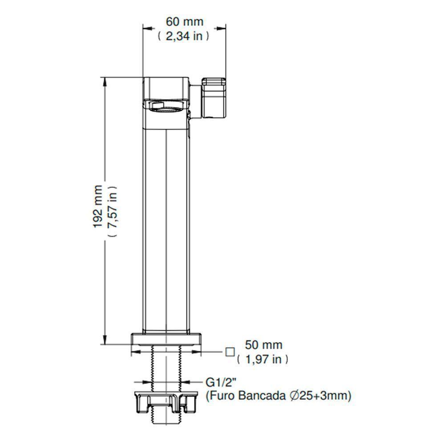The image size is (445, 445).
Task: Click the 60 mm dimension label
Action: pos(184,21)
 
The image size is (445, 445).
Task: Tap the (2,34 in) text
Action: pos(183,36)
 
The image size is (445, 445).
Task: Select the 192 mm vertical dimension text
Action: pos(98,206)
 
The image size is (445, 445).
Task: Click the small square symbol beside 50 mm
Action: pos(230,352)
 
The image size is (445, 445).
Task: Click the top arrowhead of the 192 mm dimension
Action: pos(105,81)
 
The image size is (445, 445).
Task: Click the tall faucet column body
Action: pos(167,222)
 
